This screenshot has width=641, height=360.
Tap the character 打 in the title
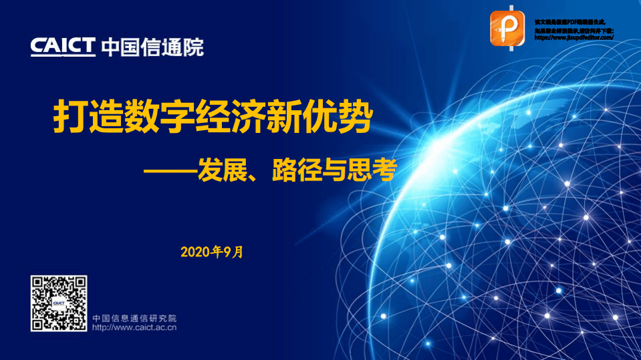click(x=70, y=119)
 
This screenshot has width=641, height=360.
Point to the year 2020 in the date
click(x=196, y=252)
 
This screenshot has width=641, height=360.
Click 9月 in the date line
click(x=234, y=252)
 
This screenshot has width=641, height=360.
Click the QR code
click(x=59, y=303)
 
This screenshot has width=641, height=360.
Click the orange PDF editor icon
click(x=509, y=30)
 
